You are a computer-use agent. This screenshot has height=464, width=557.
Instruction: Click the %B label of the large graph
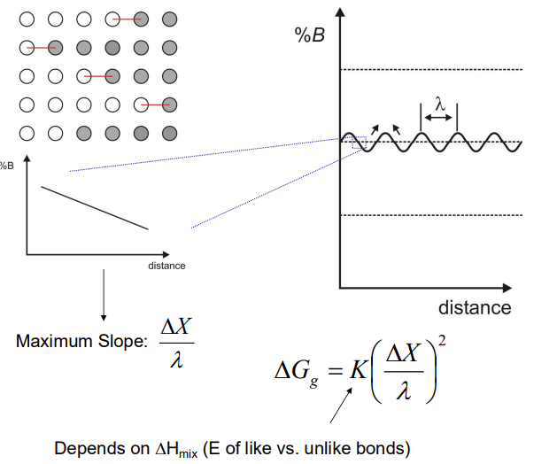point(309,35)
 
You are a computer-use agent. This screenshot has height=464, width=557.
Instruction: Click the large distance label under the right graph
point(474,307)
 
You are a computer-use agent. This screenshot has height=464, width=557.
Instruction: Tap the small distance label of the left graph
point(166,266)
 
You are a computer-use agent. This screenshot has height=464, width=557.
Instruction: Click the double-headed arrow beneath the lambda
point(437,117)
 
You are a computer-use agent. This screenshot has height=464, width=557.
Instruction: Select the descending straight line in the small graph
point(95,208)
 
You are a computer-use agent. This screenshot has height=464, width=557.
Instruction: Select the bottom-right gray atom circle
point(170,134)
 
